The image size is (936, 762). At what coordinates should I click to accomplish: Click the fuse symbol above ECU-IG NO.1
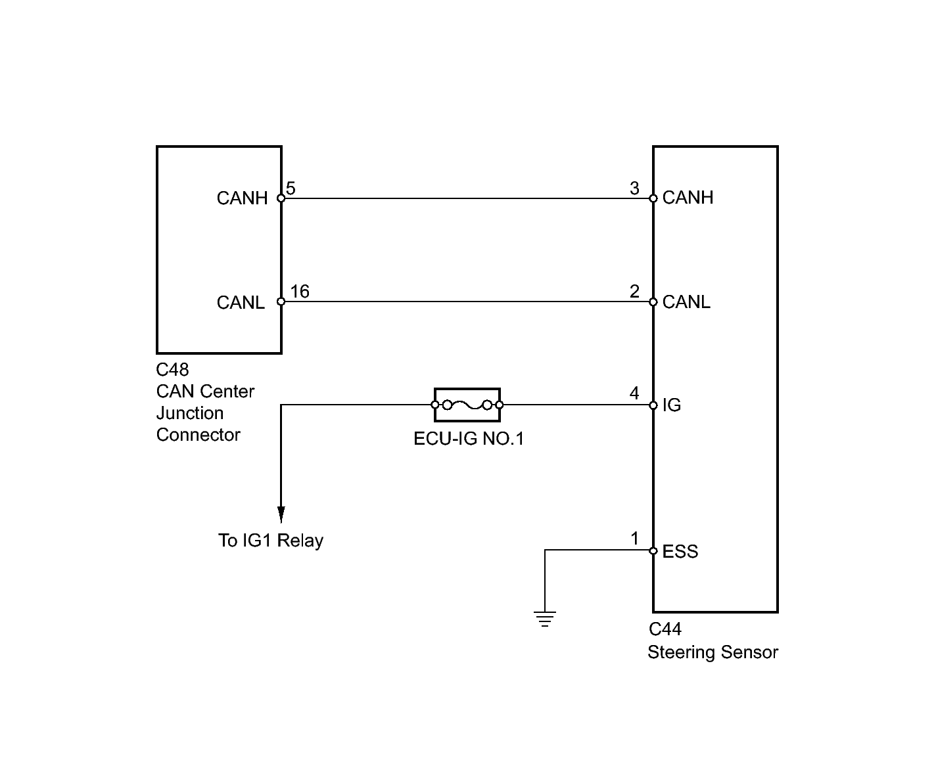(467, 405)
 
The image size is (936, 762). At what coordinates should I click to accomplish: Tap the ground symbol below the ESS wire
(544, 619)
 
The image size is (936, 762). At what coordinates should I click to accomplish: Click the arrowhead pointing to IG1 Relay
(281, 514)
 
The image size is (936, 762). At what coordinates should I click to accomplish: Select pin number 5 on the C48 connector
(291, 188)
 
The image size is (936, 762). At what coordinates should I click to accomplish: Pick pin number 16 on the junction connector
(300, 291)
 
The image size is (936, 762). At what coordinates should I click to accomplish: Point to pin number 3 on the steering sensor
(634, 188)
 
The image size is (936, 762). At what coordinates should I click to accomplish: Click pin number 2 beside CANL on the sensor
(634, 291)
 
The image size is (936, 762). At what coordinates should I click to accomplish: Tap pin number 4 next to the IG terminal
(634, 393)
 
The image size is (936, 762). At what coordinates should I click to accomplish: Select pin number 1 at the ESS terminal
(634, 538)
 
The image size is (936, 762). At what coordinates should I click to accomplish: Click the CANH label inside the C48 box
(242, 198)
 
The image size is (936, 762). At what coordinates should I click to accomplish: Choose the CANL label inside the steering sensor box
(686, 302)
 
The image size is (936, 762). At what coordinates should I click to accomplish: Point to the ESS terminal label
(680, 551)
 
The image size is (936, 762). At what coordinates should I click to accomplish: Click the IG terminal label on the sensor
(672, 405)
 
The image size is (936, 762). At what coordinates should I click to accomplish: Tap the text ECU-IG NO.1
(469, 438)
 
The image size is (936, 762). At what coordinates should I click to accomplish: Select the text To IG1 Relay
(271, 540)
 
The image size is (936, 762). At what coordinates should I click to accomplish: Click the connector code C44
(665, 629)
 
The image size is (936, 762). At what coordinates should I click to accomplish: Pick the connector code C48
(172, 369)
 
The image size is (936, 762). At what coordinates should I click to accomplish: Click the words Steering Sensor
(713, 652)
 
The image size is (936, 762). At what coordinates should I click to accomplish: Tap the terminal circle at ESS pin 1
(653, 550)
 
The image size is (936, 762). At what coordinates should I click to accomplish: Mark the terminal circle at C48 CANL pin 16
(281, 302)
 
